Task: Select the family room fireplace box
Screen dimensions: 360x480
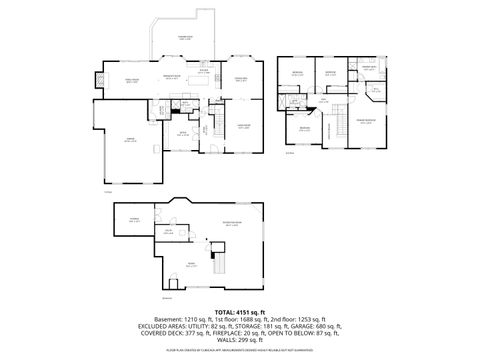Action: [x=98, y=76]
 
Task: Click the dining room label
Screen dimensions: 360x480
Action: [x=240, y=80]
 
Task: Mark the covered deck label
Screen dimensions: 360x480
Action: [x=184, y=38]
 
